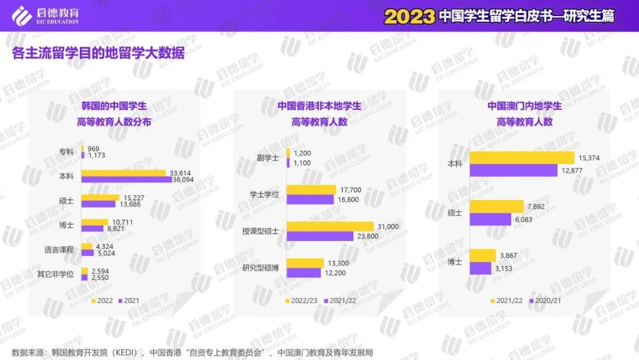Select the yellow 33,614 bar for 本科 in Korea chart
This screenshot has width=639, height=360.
tap(124, 173)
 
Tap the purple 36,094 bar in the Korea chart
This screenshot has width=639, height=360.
tap(127, 179)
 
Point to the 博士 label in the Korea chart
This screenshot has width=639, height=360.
tap(66, 225)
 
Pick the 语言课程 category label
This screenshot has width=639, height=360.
tap(59, 249)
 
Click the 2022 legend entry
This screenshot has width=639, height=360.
tap(102, 300)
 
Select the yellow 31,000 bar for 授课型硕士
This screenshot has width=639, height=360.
tap(330, 226)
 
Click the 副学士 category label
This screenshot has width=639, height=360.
tap(268, 158)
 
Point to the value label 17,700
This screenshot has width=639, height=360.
tap(351, 190)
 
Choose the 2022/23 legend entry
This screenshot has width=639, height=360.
tap(302, 300)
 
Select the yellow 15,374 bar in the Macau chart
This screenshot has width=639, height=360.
tap(522, 157)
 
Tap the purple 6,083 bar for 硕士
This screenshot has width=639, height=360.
tap(490, 219)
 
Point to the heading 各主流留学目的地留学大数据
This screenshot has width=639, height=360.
tap(98, 54)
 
